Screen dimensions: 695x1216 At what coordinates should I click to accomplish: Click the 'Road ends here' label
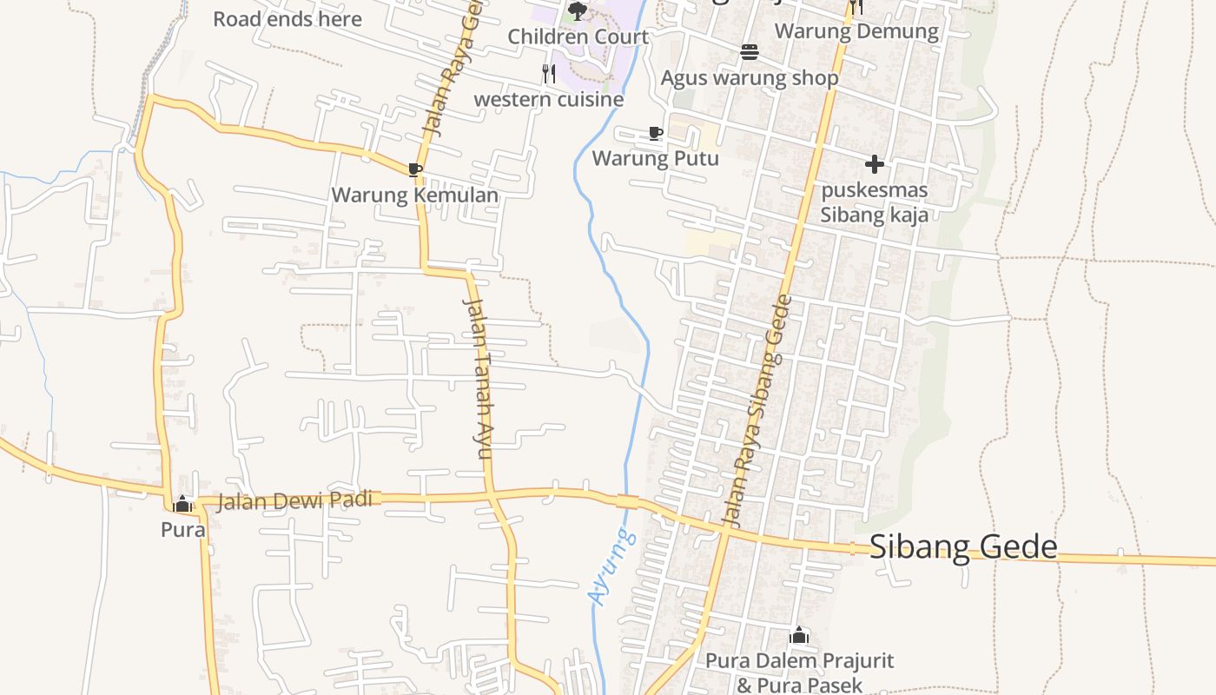click(x=287, y=18)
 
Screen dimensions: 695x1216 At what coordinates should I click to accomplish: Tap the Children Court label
click(x=578, y=36)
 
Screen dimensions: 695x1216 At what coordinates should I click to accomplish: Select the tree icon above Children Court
click(x=577, y=11)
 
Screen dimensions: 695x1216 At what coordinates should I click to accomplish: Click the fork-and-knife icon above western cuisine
click(x=549, y=74)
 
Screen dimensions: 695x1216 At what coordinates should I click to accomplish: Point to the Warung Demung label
click(x=856, y=31)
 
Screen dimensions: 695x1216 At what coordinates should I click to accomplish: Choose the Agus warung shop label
click(x=750, y=78)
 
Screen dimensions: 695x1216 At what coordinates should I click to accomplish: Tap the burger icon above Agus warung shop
click(x=750, y=52)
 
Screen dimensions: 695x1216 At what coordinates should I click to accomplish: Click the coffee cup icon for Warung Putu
click(x=656, y=133)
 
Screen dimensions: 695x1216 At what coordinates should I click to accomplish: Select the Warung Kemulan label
click(x=415, y=195)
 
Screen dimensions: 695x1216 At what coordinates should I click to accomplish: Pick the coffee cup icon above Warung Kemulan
click(x=415, y=169)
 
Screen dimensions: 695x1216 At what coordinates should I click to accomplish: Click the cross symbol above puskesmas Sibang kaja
click(x=875, y=163)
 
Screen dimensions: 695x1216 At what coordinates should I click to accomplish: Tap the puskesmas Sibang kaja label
click(x=875, y=202)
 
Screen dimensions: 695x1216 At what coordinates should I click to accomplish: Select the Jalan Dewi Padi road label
click(x=294, y=500)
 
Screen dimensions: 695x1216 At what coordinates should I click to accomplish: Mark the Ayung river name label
click(x=611, y=566)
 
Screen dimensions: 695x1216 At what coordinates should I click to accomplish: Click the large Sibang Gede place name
click(x=963, y=546)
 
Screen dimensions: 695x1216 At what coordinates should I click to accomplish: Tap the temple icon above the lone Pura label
click(x=182, y=503)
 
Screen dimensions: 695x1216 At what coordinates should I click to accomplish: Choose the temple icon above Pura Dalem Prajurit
click(x=799, y=635)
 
